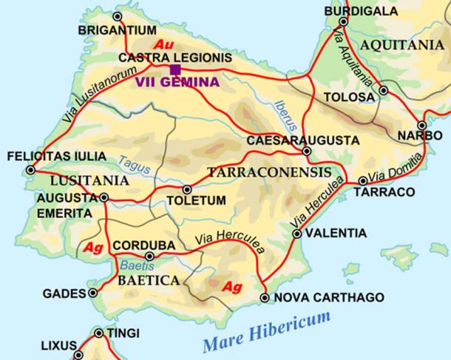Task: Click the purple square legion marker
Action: [x=175, y=69]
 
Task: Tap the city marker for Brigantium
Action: [x=117, y=16]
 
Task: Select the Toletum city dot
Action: [x=186, y=189]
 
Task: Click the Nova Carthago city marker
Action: [x=265, y=298]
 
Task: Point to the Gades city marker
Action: [x=93, y=293]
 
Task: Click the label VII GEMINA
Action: [x=177, y=83]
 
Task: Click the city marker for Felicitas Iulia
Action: [x=30, y=170]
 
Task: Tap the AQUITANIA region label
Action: [x=401, y=44]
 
